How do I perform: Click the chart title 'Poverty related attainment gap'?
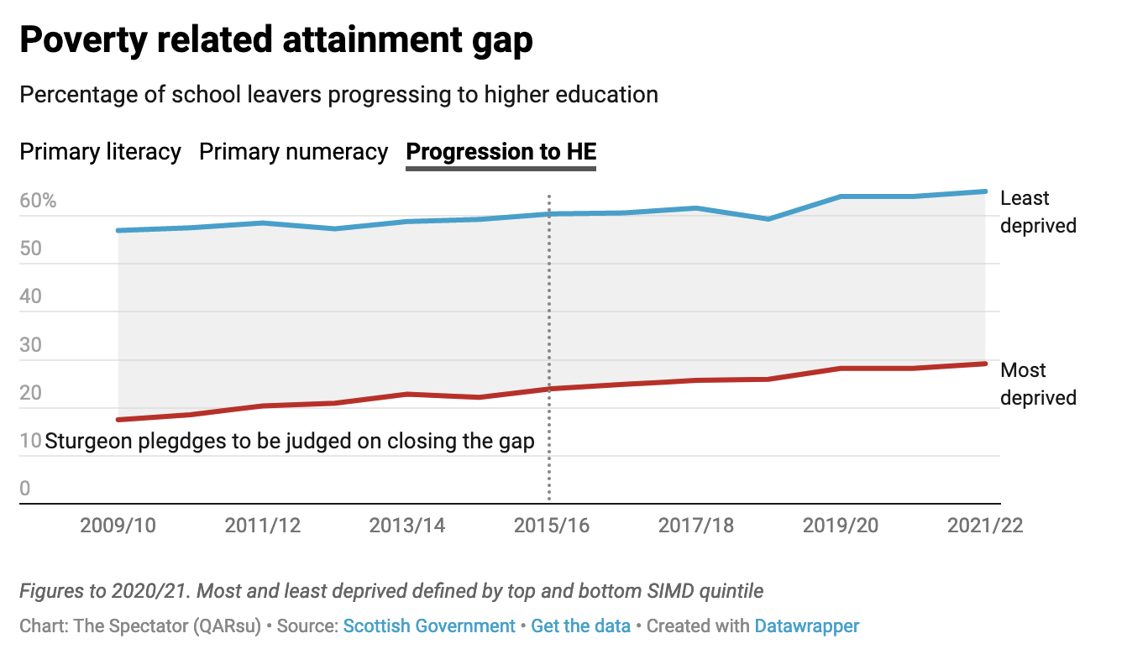pyautogui.click(x=276, y=39)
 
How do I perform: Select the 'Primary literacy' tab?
pyautogui.click(x=101, y=152)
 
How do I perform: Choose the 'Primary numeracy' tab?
pyautogui.click(x=293, y=152)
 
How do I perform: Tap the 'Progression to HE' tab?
pyautogui.click(x=501, y=152)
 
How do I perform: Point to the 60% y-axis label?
pyautogui.click(x=38, y=202)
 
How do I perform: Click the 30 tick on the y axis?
pyautogui.click(x=31, y=345)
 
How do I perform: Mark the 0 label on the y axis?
pyautogui.click(x=25, y=489)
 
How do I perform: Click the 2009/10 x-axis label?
pyautogui.click(x=118, y=526)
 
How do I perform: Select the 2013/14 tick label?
pyautogui.click(x=407, y=526)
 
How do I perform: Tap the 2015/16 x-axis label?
pyautogui.click(x=552, y=526)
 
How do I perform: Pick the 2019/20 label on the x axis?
pyautogui.click(x=841, y=526)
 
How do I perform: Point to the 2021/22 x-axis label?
pyautogui.click(x=985, y=526)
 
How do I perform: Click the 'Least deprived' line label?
pyautogui.click(x=1038, y=212)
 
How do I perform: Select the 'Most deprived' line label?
pyautogui.click(x=1038, y=384)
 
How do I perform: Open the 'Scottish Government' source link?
pyautogui.click(x=429, y=626)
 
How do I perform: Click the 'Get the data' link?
pyautogui.click(x=580, y=626)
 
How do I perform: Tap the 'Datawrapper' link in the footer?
pyautogui.click(x=806, y=626)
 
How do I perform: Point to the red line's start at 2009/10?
pyautogui.click(x=118, y=420)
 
